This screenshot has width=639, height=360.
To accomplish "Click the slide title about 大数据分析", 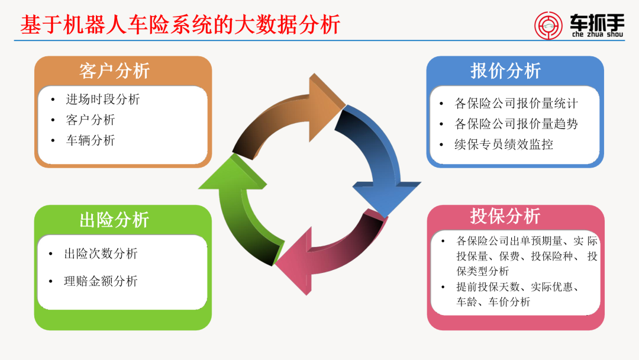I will (x=180, y=24).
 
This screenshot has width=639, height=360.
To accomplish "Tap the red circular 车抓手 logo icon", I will (x=548, y=24).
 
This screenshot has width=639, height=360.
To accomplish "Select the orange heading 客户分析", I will (x=114, y=71).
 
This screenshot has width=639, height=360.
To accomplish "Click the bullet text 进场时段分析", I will (x=102, y=99).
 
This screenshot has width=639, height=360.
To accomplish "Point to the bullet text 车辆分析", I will (x=90, y=140).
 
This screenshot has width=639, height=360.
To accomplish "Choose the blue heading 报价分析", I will (x=506, y=71).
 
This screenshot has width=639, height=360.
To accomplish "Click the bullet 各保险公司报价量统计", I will (x=516, y=104).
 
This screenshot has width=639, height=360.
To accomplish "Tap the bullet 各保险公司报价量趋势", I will (x=516, y=124).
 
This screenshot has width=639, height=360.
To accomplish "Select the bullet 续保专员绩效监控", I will (x=504, y=144).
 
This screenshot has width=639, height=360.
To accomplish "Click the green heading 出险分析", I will (x=114, y=220).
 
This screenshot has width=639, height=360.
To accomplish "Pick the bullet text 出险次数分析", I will (x=101, y=253).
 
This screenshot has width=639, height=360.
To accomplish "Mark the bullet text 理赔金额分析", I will (x=101, y=281).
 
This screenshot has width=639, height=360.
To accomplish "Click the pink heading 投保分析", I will (x=506, y=216).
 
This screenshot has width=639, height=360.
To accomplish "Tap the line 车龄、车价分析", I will (x=493, y=302).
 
